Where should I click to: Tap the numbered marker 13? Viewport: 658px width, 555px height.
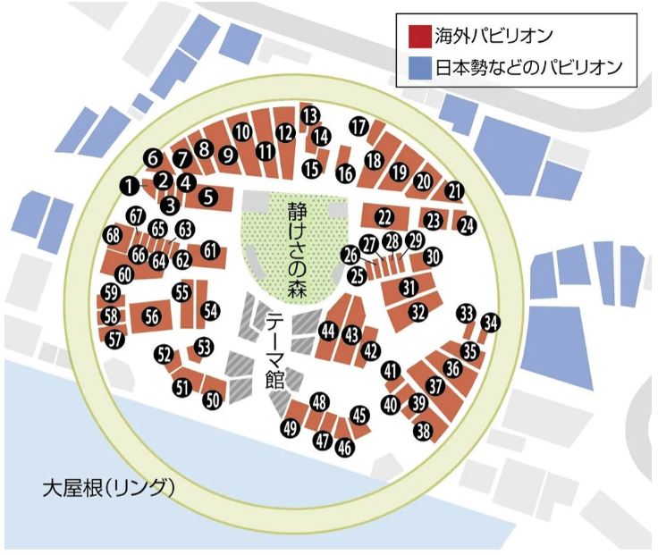tap(310, 115)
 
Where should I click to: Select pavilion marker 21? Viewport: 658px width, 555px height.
tap(455, 190)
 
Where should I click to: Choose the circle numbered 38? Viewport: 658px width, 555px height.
tap(424, 431)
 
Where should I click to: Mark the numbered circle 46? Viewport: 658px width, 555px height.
tap(343, 448)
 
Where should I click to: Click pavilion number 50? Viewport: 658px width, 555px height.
tap(211, 401)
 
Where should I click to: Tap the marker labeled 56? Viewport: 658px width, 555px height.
tap(151, 315)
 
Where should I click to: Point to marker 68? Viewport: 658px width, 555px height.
tap(113, 236)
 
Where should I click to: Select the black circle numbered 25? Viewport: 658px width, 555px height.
tap(358, 276)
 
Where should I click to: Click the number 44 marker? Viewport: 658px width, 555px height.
tap(328, 332)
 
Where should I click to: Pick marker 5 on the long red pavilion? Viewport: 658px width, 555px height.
tap(208, 198)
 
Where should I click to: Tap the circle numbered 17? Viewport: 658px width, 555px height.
tap(359, 126)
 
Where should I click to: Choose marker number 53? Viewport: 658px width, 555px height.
tap(205, 346)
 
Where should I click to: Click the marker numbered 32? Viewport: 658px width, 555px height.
tap(418, 312)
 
